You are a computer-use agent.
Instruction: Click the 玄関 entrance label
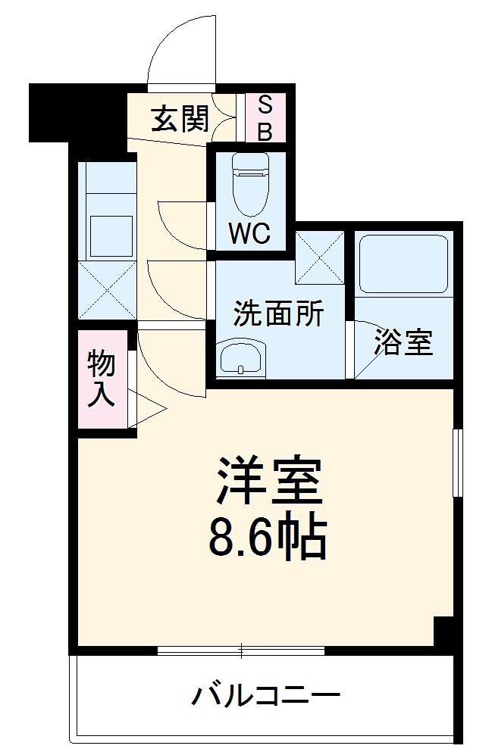click(179, 118)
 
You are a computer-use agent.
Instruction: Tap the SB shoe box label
click(265, 118)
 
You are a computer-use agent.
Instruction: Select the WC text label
click(249, 235)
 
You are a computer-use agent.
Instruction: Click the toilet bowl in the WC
click(249, 189)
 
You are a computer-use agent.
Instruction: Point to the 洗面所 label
click(278, 313)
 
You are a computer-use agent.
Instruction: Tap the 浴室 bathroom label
click(404, 343)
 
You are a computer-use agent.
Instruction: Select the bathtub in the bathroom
click(404, 264)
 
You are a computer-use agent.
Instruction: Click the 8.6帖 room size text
click(267, 537)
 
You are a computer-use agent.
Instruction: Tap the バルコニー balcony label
click(265, 694)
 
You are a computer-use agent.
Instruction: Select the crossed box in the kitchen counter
click(107, 289)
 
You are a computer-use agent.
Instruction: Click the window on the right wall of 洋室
click(457, 462)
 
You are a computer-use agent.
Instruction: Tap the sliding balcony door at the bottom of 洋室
click(241, 650)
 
